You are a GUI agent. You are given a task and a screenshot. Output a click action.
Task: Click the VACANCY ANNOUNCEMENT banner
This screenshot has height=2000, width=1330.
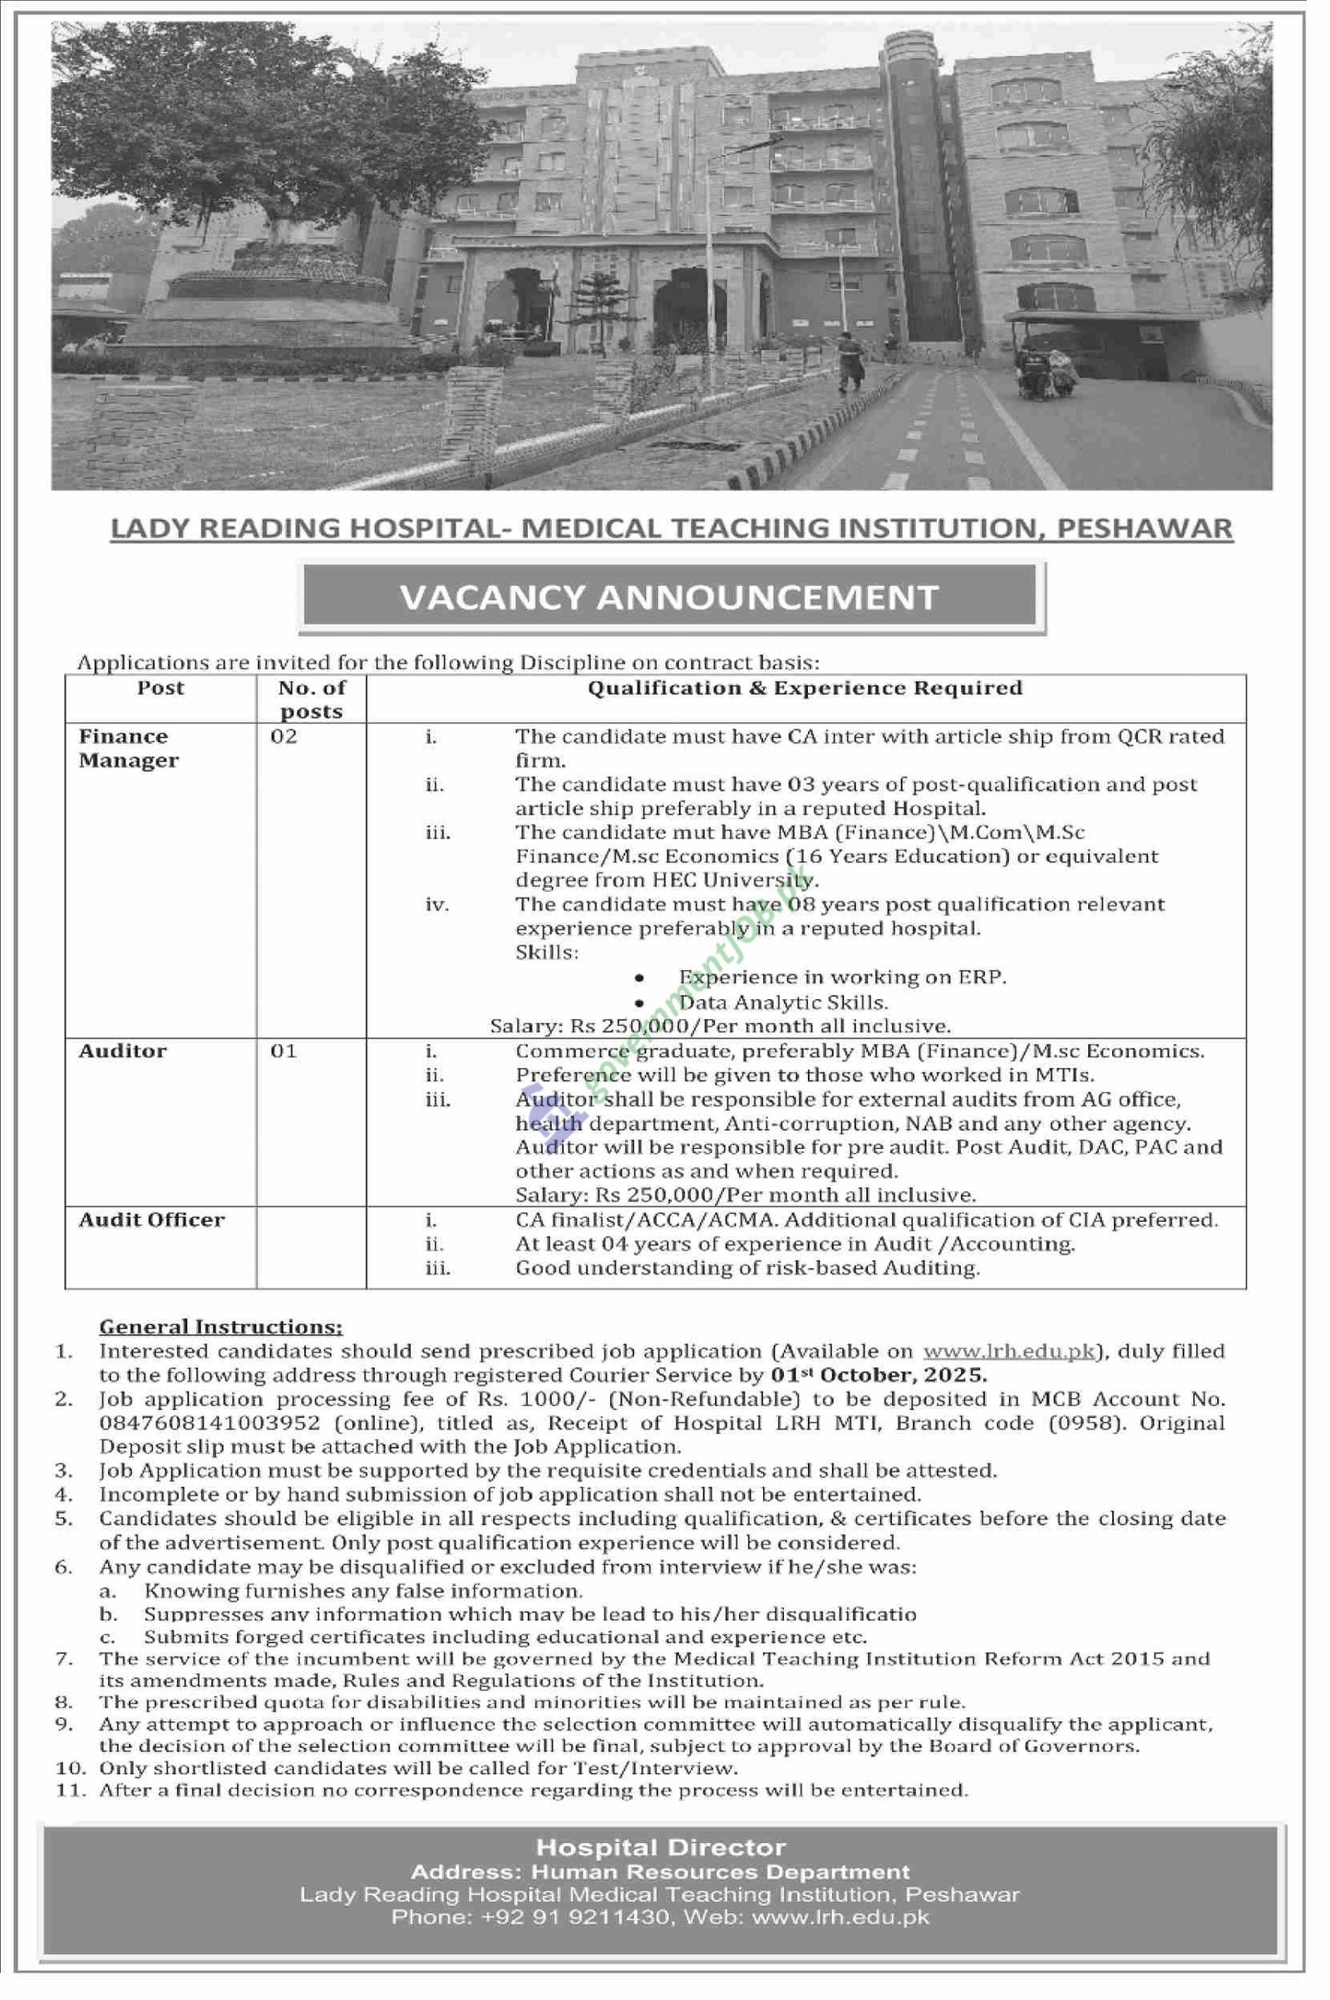(669, 597)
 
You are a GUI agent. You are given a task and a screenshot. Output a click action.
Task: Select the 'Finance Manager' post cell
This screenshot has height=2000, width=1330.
(129, 748)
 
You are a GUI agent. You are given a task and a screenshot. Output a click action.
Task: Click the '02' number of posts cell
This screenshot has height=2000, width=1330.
(284, 736)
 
